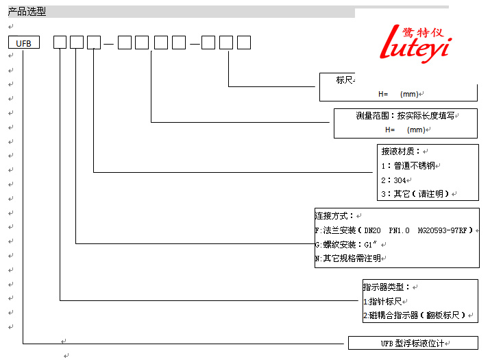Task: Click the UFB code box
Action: point(24,43)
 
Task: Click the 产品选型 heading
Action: point(27,12)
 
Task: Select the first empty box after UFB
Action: point(60,43)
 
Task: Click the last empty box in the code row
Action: point(243,43)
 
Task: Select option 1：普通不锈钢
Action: point(409,165)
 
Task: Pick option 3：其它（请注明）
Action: point(416,194)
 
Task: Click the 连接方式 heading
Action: point(334,215)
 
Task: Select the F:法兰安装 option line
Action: point(394,230)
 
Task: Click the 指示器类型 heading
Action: point(387,287)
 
